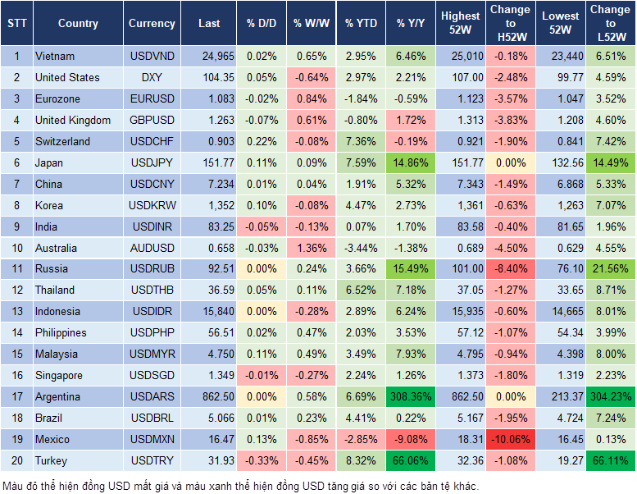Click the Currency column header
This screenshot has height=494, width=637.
click(152, 24)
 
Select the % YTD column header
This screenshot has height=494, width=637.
click(361, 24)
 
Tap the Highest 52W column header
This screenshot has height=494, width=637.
click(460, 24)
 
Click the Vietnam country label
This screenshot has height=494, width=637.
click(55, 56)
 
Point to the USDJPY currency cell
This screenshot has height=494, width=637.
click(152, 162)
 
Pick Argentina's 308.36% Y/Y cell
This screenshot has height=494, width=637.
click(411, 396)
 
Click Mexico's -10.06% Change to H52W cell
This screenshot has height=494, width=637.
click(510, 439)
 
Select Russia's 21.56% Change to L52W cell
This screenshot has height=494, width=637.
click(609, 268)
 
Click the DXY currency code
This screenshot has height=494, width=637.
click(152, 77)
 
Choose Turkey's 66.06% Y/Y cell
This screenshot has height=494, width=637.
click(411, 460)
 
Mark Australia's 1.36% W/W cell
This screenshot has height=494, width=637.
click(311, 248)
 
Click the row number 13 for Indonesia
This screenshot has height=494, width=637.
click(16, 311)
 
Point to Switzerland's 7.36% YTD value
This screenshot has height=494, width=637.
click(361, 141)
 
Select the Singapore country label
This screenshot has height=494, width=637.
click(59, 375)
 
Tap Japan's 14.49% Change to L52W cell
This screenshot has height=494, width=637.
click(609, 162)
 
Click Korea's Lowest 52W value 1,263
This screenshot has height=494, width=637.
click(562, 205)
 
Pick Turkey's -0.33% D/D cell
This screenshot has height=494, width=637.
click(262, 460)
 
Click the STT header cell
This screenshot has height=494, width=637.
click(16, 24)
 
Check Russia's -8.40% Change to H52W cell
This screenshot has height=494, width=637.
click(510, 268)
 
